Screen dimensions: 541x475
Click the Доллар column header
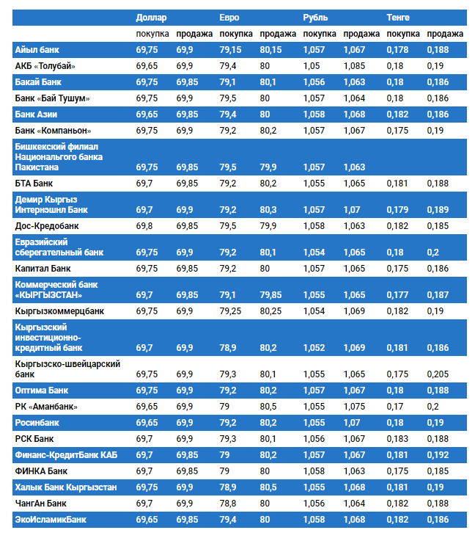click(x=151, y=17)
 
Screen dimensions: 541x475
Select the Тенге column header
click(x=398, y=17)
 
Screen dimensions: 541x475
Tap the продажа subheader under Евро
click(x=278, y=34)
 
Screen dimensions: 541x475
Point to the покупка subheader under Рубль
click(x=320, y=34)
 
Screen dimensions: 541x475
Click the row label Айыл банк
click(x=37, y=49)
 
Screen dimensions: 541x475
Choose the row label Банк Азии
click(x=36, y=115)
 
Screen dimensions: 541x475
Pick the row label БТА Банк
click(x=34, y=183)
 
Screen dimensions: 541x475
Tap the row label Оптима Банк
click(x=41, y=390)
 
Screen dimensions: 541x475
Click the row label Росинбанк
click(x=37, y=423)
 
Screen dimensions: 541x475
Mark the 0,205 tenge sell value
click(x=438, y=374)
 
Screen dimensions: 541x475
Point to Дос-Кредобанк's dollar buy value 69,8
click(x=144, y=226)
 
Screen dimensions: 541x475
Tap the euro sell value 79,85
click(x=270, y=294)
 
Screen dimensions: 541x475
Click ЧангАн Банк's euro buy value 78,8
click(x=229, y=504)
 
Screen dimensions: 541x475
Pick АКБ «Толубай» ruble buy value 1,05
click(x=312, y=66)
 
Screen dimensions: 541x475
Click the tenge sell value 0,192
click(x=438, y=455)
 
